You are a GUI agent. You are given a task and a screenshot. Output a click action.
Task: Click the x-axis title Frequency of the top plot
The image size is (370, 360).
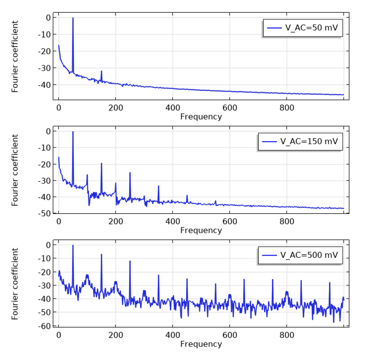201,117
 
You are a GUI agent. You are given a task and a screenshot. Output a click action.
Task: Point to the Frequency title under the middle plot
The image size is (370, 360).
201,230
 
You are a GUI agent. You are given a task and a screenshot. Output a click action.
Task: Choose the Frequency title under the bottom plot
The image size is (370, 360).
201,344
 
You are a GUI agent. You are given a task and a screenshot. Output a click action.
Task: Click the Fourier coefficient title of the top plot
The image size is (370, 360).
15,56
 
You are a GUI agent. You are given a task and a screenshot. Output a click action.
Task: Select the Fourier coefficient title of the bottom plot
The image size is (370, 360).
15,283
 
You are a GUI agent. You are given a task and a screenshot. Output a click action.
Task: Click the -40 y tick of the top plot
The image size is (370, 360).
44,85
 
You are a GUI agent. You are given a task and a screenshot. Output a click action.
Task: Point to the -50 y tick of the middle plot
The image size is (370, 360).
44,213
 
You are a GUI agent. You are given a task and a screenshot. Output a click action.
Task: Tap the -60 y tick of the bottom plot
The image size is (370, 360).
44,326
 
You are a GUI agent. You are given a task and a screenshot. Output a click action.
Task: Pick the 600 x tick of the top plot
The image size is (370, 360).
230,108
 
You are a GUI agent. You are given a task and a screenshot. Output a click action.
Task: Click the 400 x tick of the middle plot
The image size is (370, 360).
172,221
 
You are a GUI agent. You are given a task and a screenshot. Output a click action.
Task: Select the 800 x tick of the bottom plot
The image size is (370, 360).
287,335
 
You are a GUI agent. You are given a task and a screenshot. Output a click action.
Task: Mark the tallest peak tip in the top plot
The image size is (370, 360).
73,18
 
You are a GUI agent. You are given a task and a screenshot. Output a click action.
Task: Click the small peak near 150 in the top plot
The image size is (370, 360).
101,71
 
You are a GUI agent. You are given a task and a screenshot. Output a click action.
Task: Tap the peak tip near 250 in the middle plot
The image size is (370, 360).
130,173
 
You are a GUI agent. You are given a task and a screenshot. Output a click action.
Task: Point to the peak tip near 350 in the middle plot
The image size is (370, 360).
158,186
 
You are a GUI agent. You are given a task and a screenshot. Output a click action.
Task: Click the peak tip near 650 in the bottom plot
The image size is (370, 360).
244,279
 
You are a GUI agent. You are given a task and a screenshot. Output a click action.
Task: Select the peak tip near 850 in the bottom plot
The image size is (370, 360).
301,280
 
